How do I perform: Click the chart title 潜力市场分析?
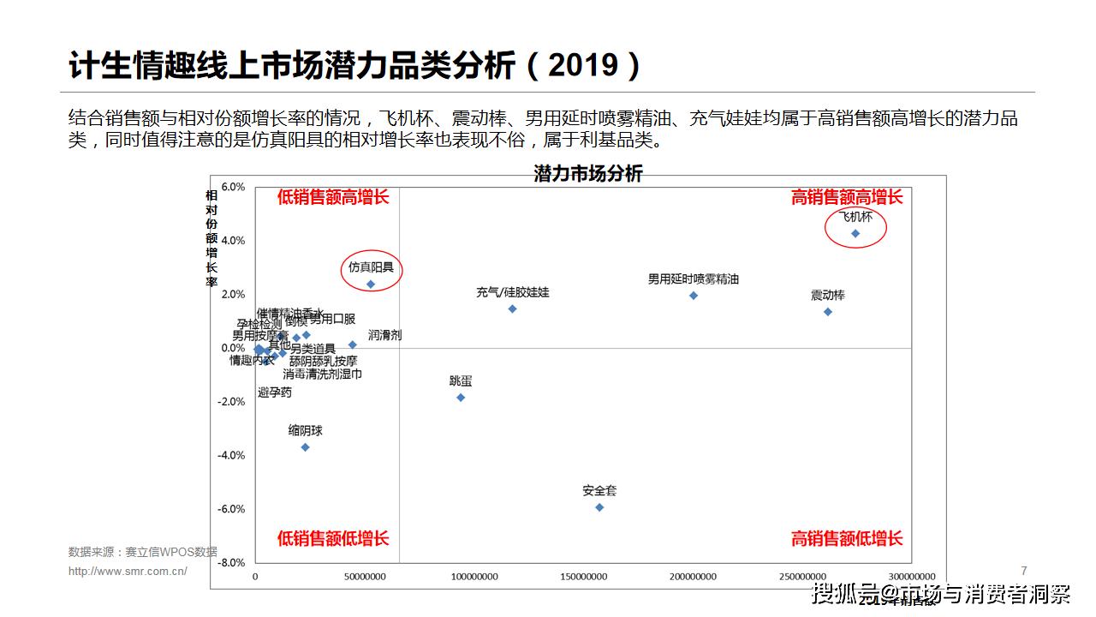click(587, 174)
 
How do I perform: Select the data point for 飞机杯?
click(855, 233)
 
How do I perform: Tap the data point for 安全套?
click(599, 507)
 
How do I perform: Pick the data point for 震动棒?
click(827, 312)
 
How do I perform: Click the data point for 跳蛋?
click(461, 398)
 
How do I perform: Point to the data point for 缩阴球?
click(305, 447)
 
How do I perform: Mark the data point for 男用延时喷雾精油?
click(694, 296)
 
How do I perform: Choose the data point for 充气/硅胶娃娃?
click(512, 308)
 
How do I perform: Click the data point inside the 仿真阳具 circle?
click(371, 285)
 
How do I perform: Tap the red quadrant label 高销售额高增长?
click(846, 197)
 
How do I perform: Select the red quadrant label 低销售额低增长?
click(332, 538)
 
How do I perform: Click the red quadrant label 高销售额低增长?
click(846, 538)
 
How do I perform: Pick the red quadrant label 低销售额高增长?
click(332, 197)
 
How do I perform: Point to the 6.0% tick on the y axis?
click(233, 187)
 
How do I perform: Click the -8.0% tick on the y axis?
click(232, 563)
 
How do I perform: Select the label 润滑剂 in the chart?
click(384, 335)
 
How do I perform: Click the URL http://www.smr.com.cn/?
click(128, 572)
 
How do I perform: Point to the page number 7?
click(1024, 570)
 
